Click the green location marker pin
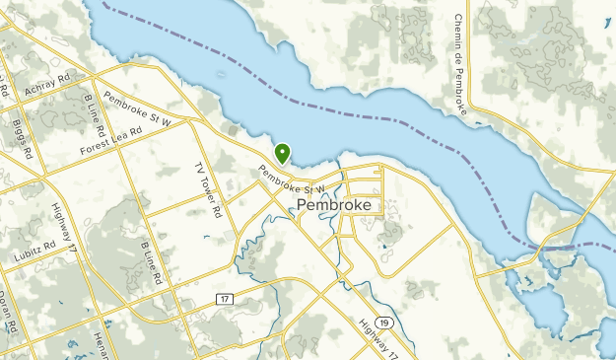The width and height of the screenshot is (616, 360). (283, 153)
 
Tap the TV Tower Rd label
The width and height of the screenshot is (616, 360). (209, 190)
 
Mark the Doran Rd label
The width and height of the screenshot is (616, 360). (9, 309)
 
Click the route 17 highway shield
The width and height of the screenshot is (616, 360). (226, 297)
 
